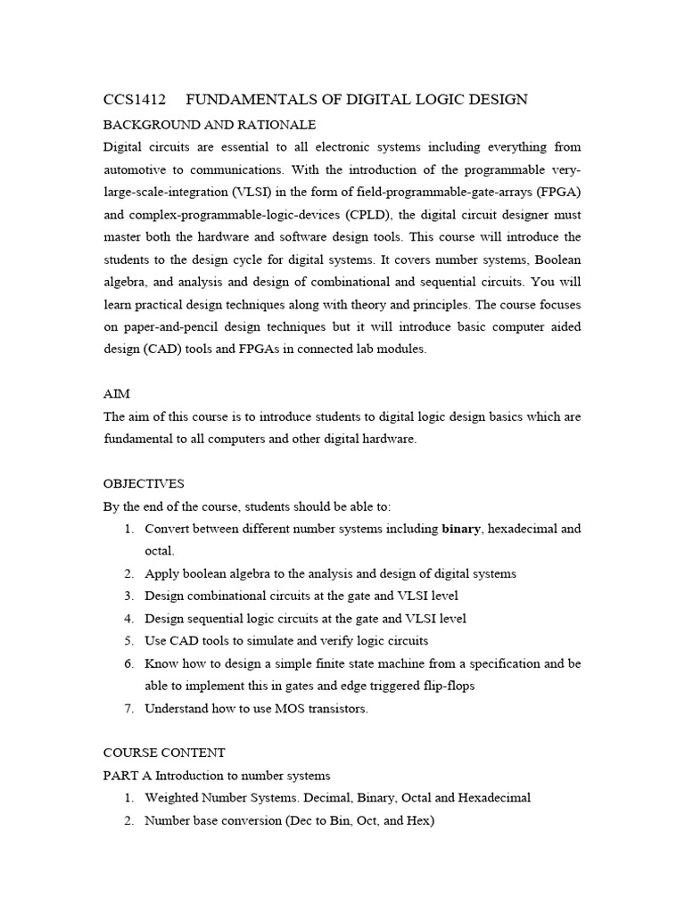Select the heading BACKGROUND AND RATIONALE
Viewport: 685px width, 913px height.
click(210, 124)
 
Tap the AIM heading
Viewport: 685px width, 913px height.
click(116, 393)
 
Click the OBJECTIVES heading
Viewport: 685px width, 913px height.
click(144, 483)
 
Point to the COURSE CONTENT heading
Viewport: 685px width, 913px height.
click(164, 753)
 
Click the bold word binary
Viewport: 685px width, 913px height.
click(461, 529)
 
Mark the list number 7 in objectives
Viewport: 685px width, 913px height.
click(128, 709)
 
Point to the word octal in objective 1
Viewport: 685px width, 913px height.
click(160, 551)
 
